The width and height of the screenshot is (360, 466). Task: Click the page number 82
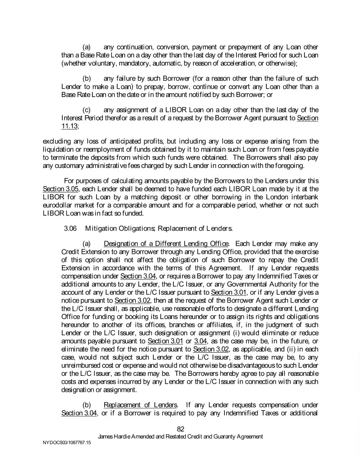(x=180, y=428)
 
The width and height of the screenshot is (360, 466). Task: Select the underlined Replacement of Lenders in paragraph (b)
(x=140, y=405)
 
